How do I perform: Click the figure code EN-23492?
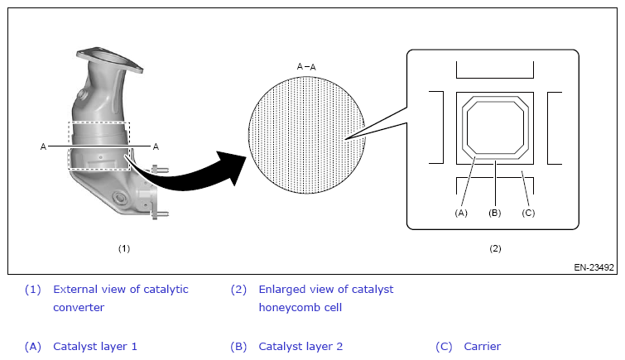[594, 267]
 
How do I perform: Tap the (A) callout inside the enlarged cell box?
[461, 213]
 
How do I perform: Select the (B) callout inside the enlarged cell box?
[494, 213]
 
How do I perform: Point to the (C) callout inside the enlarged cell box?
[528, 213]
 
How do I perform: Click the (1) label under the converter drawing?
[123, 247]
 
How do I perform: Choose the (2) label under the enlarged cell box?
[494, 247]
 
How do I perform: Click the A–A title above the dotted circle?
[305, 66]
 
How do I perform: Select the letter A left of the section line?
[42, 146]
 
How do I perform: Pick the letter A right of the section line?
[155, 146]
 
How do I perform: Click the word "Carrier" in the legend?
[483, 347]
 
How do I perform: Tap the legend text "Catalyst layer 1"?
[95, 347]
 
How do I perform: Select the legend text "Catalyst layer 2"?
[300, 347]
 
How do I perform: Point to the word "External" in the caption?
[75, 289]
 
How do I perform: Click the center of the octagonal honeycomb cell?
[494, 127]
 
